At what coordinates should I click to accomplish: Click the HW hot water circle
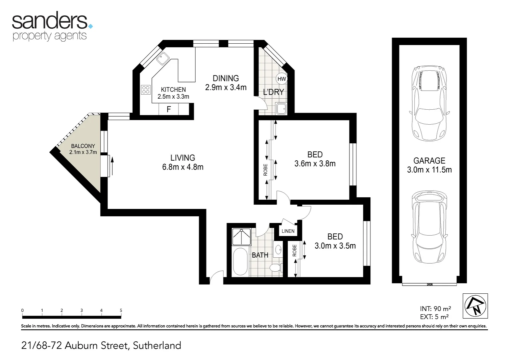(x=281, y=79)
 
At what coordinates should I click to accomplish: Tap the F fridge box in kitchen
(x=169, y=109)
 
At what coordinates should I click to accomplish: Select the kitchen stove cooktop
(x=146, y=89)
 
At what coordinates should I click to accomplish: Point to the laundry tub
(x=281, y=108)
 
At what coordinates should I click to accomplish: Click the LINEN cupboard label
(x=288, y=231)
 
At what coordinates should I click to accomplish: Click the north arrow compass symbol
(x=475, y=306)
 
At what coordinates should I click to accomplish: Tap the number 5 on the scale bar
(x=121, y=310)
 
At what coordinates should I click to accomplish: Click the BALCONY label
(x=83, y=146)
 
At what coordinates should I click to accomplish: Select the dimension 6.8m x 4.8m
(x=183, y=167)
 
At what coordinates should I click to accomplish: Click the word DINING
(x=226, y=78)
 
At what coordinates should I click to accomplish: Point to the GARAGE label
(x=429, y=161)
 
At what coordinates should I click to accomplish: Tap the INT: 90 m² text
(x=435, y=309)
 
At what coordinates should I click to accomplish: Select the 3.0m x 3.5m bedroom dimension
(x=335, y=246)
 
